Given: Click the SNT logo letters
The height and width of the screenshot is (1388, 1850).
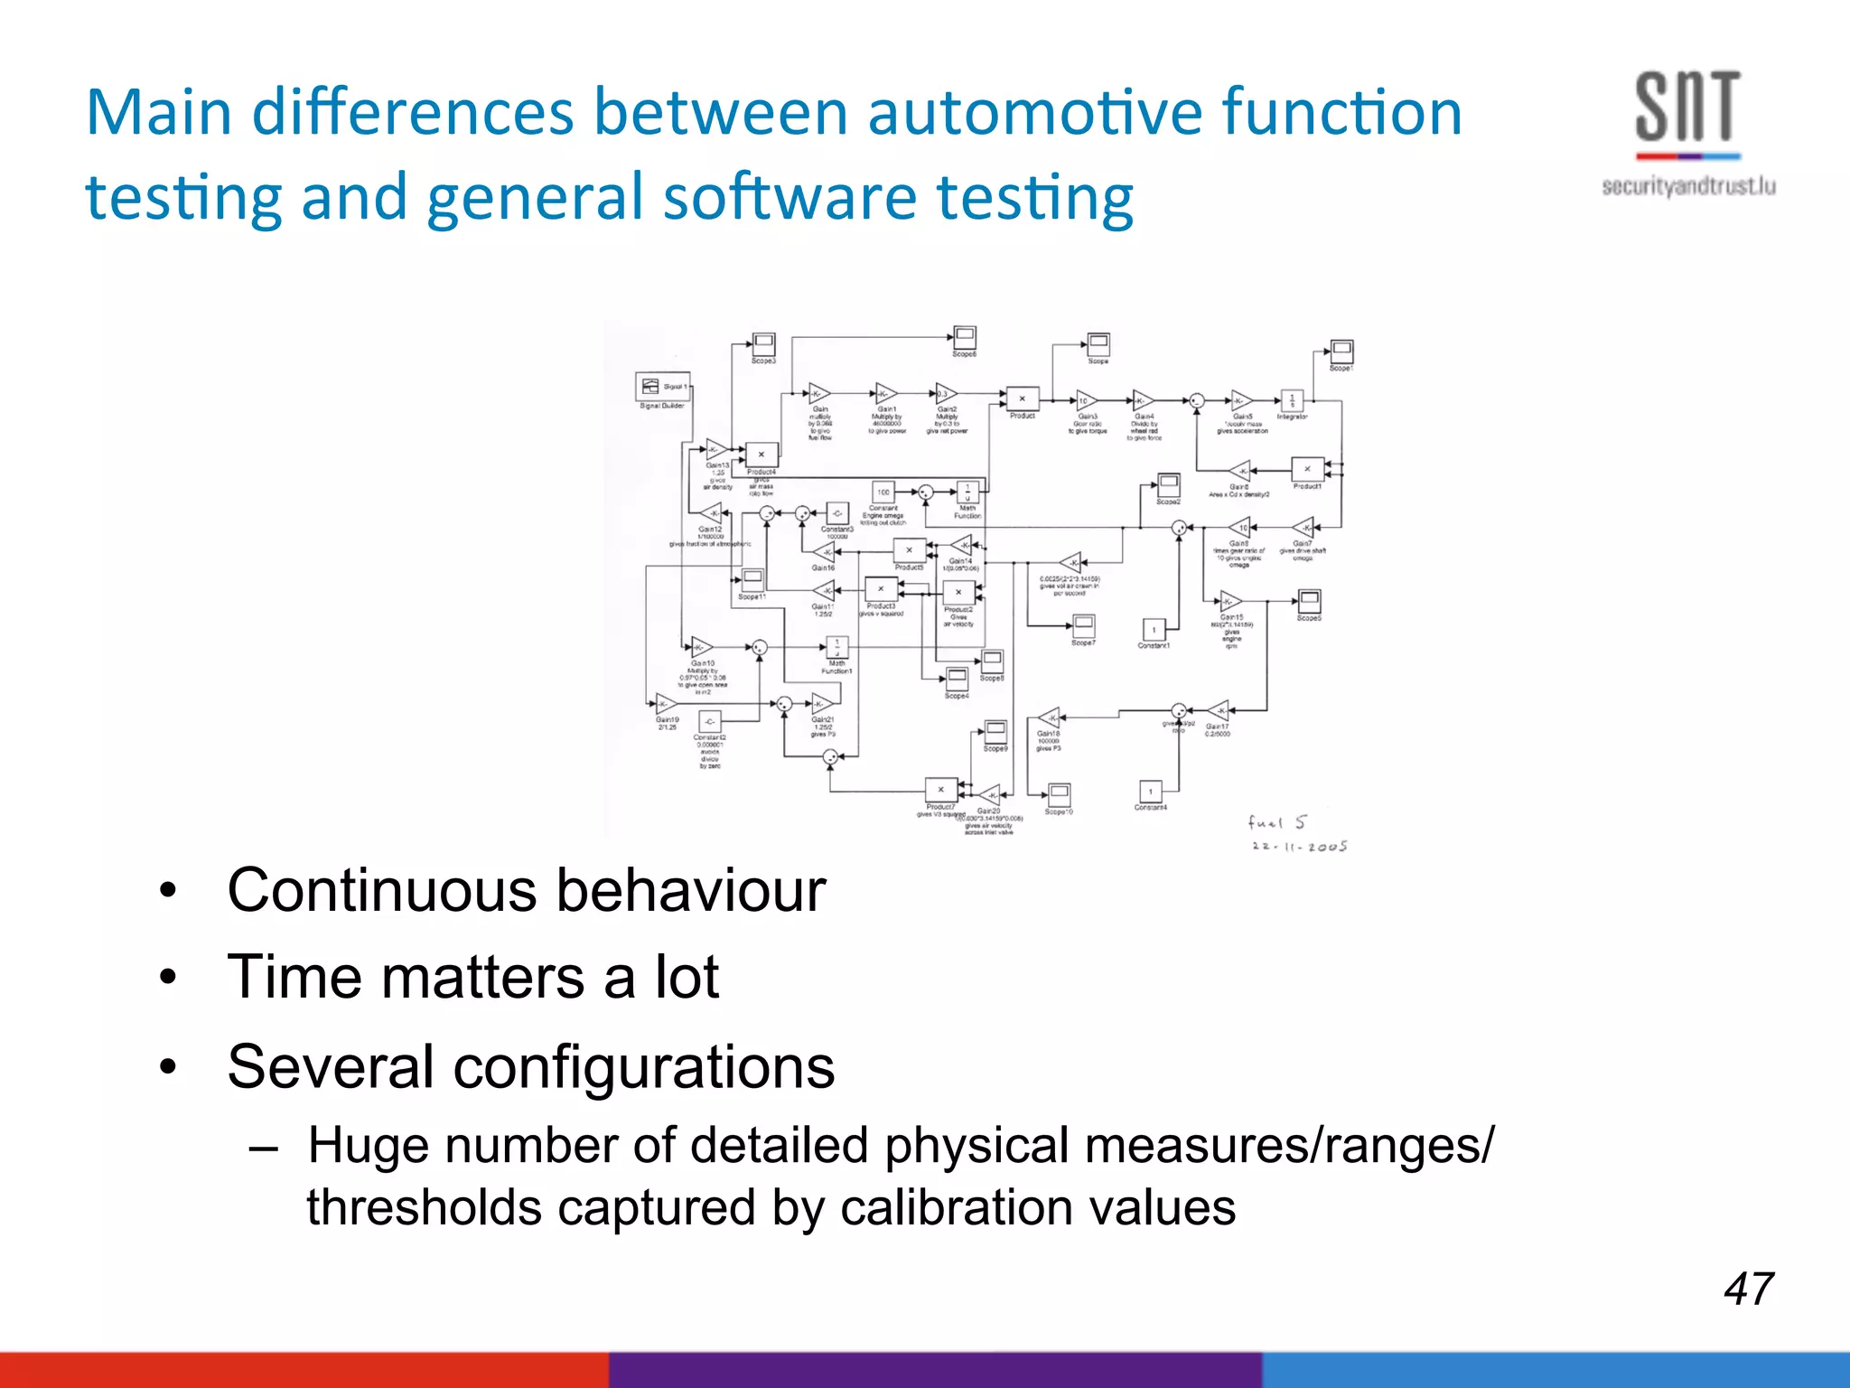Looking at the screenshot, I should pos(1687,108).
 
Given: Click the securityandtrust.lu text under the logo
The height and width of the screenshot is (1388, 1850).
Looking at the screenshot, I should pos(1687,187).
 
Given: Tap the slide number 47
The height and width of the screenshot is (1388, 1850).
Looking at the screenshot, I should pos(1748,1289).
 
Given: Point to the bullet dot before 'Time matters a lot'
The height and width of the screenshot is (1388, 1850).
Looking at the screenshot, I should pos(168,979).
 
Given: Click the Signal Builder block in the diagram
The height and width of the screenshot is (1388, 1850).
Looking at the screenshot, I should pos(662,387).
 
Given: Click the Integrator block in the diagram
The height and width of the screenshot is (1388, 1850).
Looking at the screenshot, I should pos(1292,400).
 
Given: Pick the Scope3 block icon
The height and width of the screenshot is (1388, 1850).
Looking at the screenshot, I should pos(763,343).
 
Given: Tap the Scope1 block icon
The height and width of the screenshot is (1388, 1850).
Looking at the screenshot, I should pos(1341,351).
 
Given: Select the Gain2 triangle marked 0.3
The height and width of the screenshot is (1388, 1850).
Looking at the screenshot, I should pos(945,394).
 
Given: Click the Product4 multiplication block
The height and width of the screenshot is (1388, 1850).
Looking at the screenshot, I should pos(761,455).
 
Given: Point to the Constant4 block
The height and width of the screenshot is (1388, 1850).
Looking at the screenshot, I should pos(1150,792).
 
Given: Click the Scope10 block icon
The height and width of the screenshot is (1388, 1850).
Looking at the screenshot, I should pos(1059,794).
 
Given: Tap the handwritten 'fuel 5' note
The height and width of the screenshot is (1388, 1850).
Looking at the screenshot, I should pos(1275,822).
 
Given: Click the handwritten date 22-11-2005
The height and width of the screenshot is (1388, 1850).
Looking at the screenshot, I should pos(1299,847).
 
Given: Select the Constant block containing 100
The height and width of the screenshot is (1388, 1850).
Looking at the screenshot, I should pos(883,492).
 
